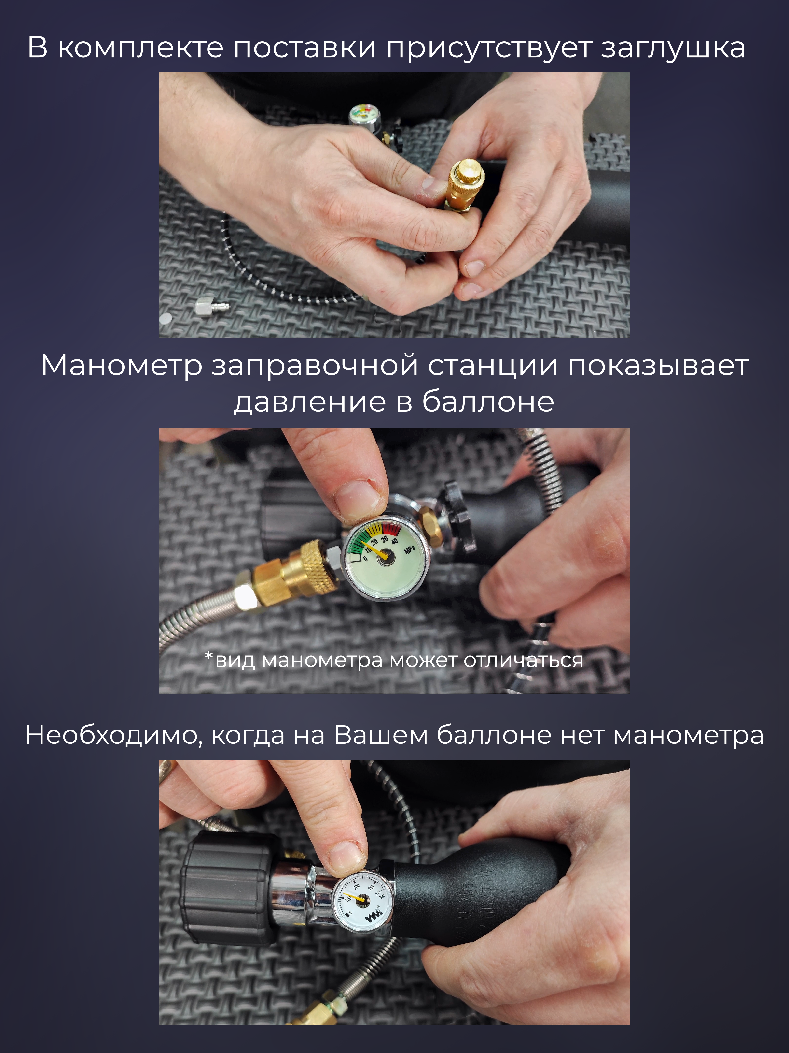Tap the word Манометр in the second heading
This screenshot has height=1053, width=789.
[122, 366]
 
